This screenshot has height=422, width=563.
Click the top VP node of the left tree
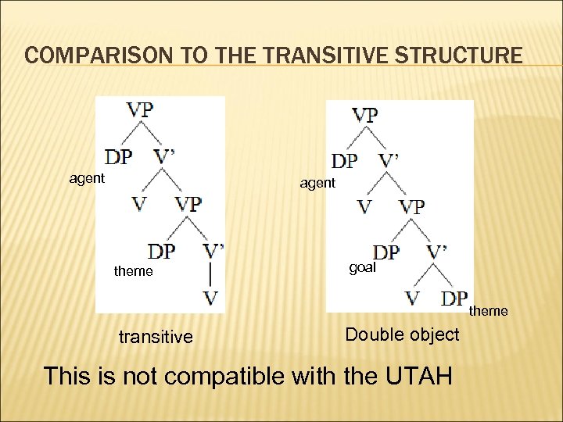(140, 109)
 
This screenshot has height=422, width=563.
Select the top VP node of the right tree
(364, 115)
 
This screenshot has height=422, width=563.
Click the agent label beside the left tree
(87, 178)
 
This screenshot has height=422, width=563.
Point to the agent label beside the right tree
(317, 183)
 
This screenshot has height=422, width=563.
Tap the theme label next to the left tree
(134, 271)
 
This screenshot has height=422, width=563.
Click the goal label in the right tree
(362, 267)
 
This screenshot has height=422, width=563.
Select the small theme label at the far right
(488, 311)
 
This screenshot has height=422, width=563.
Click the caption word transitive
(155, 337)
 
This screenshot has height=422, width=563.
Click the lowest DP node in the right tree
(454, 298)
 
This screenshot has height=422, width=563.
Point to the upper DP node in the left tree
(118, 156)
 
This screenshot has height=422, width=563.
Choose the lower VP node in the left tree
(188, 204)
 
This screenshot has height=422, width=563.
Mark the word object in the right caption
(432, 334)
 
